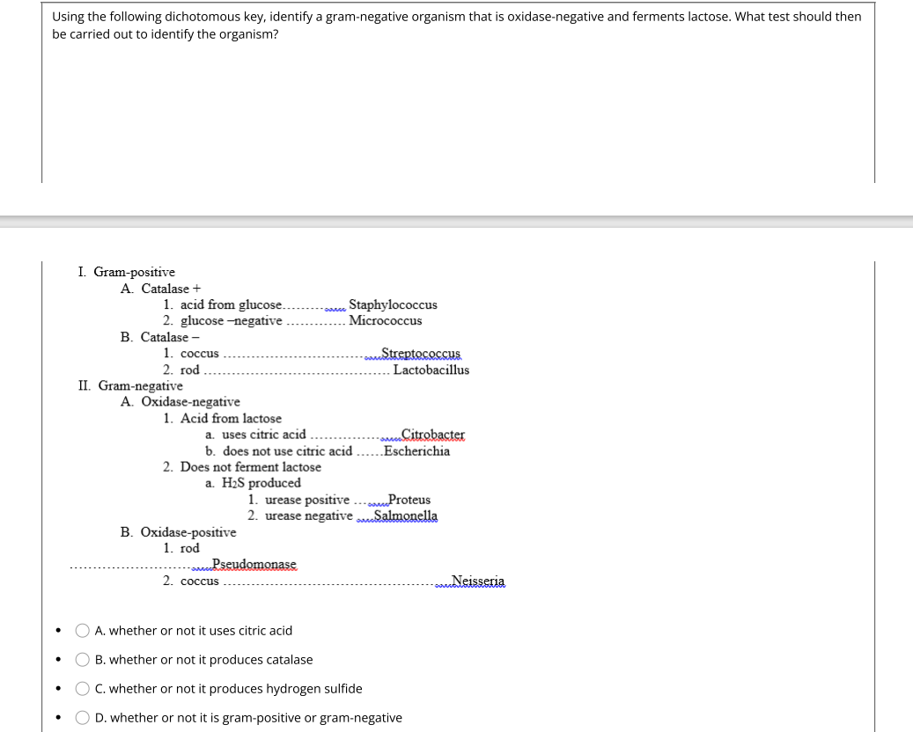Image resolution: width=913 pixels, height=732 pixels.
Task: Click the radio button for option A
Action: (x=82, y=630)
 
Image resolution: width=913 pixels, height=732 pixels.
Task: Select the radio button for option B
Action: (x=82, y=659)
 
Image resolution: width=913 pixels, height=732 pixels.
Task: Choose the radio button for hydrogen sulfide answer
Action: (x=82, y=688)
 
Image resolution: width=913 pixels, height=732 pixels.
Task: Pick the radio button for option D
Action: (x=82, y=717)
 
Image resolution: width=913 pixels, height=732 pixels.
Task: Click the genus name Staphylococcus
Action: (x=393, y=304)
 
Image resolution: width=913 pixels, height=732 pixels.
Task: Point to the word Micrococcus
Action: (x=385, y=320)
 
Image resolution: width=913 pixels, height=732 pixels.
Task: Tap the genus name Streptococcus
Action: (x=420, y=354)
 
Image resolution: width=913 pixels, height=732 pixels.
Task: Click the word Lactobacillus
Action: (x=431, y=370)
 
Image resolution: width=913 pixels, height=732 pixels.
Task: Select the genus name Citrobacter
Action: (x=432, y=434)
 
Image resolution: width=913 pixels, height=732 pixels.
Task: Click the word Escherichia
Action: (x=416, y=450)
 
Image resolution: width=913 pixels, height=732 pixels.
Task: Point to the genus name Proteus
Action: (x=409, y=499)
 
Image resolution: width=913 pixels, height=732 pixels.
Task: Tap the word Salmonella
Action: (x=405, y=516)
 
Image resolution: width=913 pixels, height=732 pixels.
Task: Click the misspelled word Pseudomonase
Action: (x=254, y=564)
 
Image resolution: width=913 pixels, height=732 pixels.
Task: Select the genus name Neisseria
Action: (x=477, y=581)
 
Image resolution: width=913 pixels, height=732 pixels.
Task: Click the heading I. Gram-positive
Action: (x=126, y=272)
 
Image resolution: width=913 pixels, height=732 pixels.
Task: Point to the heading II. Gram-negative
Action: (x=130, y=385)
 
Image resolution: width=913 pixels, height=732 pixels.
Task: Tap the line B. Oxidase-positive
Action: (x=178, y=531)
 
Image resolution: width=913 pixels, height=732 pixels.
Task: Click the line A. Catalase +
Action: (x=160, y=289)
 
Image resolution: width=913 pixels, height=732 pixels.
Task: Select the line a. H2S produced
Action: (x=253, y=483)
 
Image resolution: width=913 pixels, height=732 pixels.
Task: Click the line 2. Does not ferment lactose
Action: (x=242, y=466)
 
